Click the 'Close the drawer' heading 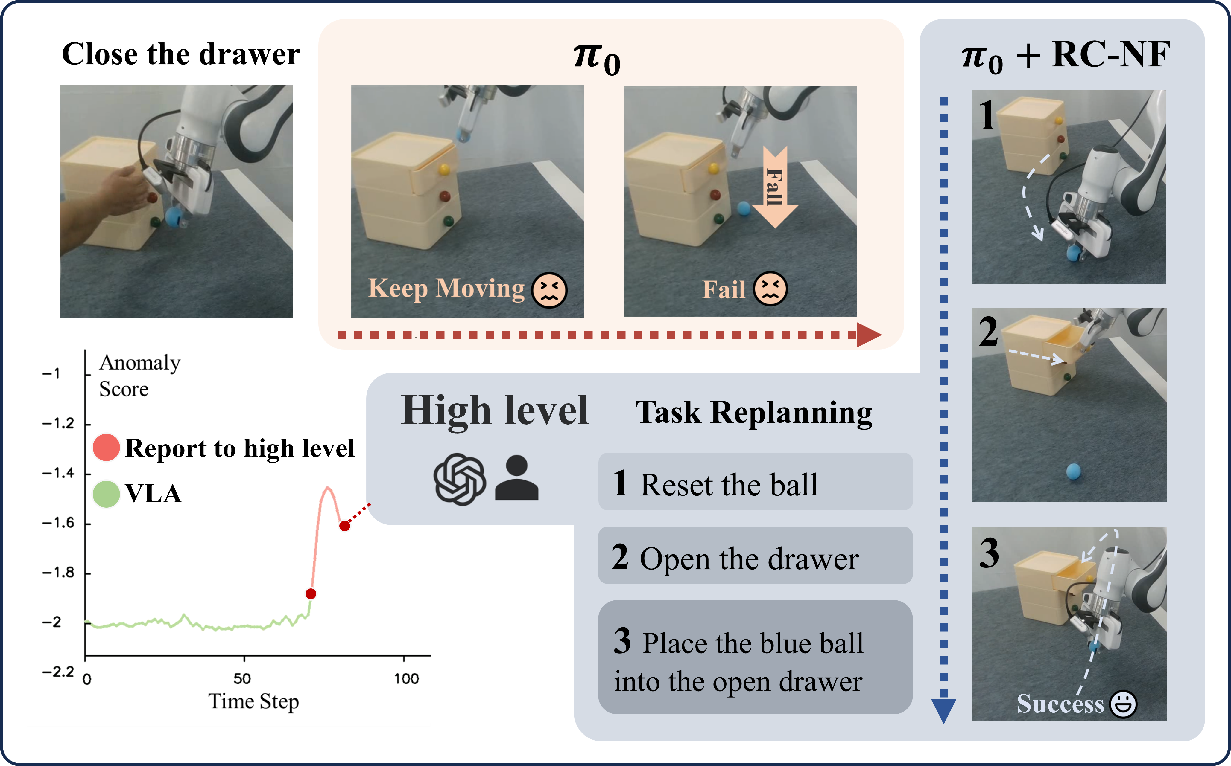[180, 54]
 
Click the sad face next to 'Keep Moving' [549, 290]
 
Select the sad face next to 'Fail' [770, 289]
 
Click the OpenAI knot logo [459, 479]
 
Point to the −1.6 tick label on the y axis [58, 523]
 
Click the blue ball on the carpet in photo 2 [1073, 472]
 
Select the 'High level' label [495, 410]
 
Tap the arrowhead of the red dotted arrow [869, 335]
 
